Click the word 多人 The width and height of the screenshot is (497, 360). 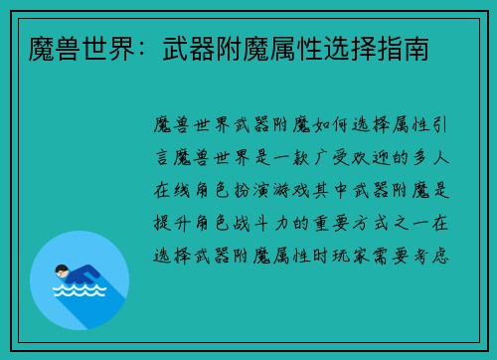click(x=436, y=158)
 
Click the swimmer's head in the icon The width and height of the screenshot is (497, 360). click(x=62, y=270)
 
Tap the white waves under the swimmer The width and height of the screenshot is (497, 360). click(x=79, y=291)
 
